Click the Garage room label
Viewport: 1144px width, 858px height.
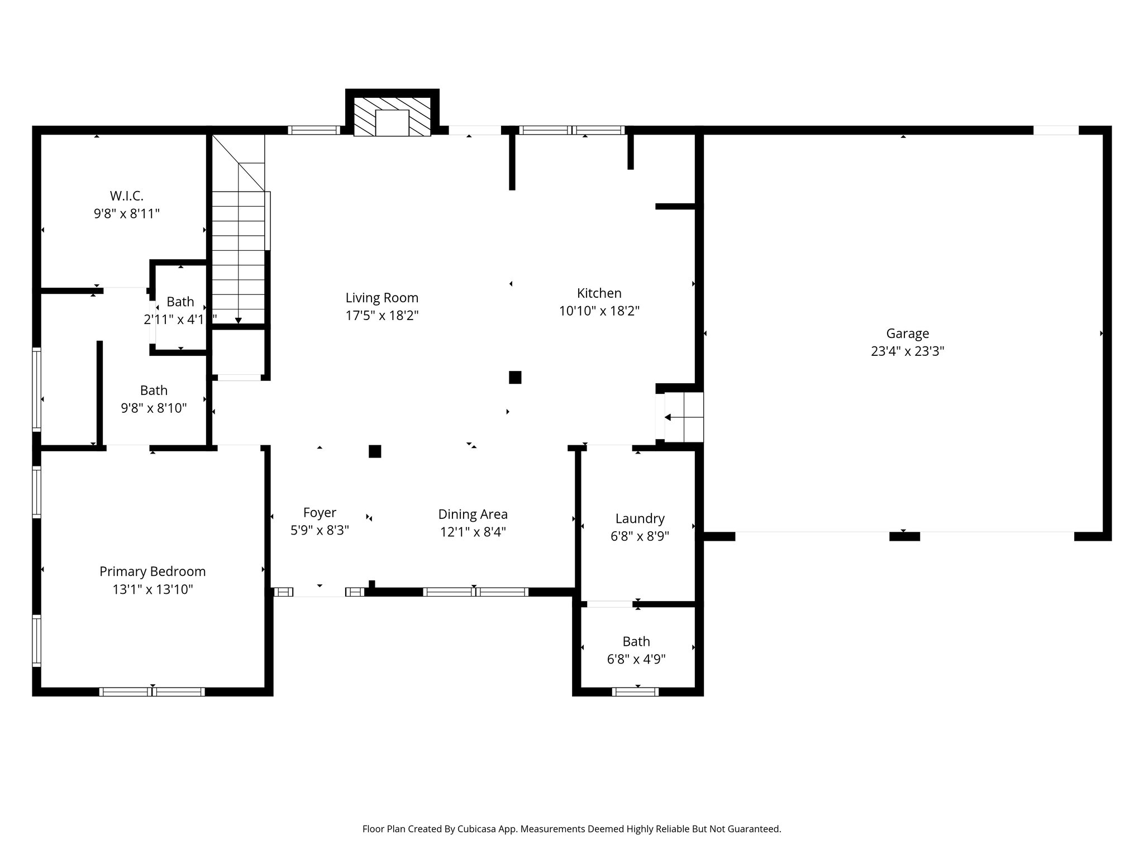[907, 333]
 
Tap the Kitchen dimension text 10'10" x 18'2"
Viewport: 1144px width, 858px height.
[599, 311]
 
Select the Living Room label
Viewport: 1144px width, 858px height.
[382, 298]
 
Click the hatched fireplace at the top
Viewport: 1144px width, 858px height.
[392, 116]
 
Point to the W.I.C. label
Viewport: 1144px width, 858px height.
[126, 196]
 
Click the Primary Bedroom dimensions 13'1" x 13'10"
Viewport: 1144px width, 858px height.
[152, 589]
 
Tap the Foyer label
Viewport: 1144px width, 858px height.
[320, 512]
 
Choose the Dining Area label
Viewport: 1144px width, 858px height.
[473, 514]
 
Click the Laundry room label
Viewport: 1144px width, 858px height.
[640, 518]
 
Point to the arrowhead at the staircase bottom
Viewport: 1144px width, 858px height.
[239, 321]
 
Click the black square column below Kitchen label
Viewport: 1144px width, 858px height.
[515, 378]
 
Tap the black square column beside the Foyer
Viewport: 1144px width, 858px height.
[375, 451]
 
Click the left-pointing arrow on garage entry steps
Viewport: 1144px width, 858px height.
[668, 417]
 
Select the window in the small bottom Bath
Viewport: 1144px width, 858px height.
[635, 692]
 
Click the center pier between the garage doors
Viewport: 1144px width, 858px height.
[904, 537]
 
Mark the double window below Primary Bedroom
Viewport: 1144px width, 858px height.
[152, 692]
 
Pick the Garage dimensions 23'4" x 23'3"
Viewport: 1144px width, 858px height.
[907, 351]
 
